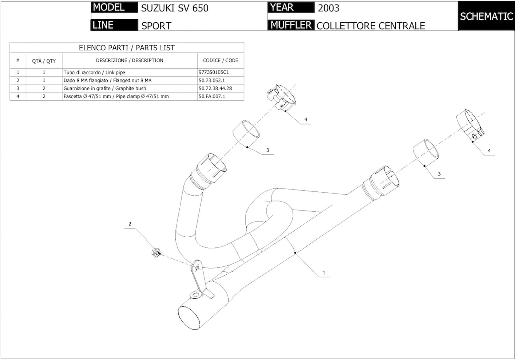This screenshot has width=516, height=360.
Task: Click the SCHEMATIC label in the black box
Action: point(486,16)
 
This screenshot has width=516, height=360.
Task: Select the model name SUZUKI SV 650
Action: point(175,8)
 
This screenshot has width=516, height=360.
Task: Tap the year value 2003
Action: point(328,8)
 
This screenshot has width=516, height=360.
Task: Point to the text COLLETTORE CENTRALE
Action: point(371,26)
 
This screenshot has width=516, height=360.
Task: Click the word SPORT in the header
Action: point(156,26)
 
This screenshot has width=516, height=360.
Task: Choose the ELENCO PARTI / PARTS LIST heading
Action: point(127,48)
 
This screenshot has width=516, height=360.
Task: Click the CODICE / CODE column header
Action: point(220,61)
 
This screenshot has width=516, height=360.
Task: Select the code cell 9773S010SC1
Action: point(214,72)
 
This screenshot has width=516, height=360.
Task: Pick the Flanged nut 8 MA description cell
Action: point(107,80)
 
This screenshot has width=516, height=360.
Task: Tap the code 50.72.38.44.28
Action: point(215,88)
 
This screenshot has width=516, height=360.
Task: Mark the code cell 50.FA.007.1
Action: point(212,96)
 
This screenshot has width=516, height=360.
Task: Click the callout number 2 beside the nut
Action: point(130,224)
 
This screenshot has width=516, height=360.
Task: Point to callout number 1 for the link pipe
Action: point(324,273)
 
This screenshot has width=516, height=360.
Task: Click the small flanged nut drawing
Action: point(156,252)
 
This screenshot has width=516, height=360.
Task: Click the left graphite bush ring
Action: point(246,134)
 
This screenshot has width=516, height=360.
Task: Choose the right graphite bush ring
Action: point(426,152)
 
